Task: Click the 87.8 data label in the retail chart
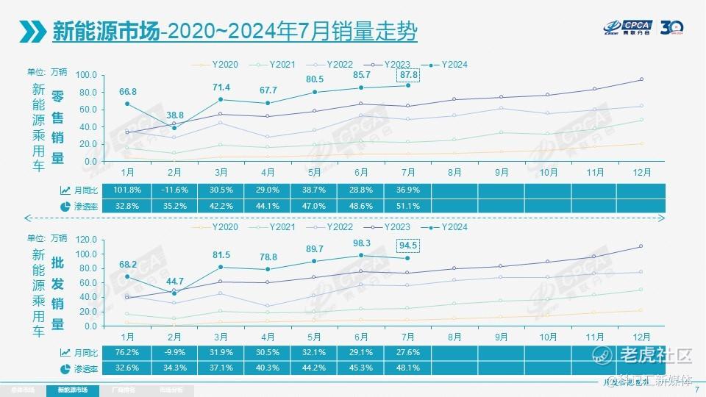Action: point(407,74)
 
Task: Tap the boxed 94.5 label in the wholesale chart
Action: point(407,245)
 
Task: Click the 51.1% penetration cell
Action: point(407,206)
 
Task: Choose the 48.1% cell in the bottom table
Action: point(407,368)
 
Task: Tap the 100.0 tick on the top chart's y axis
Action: point(86,75)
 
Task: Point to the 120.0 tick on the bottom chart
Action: point(86,240)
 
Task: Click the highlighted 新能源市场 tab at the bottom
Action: point(71,390)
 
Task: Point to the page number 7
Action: point(696,390)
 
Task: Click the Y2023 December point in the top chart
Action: point(641,79)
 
